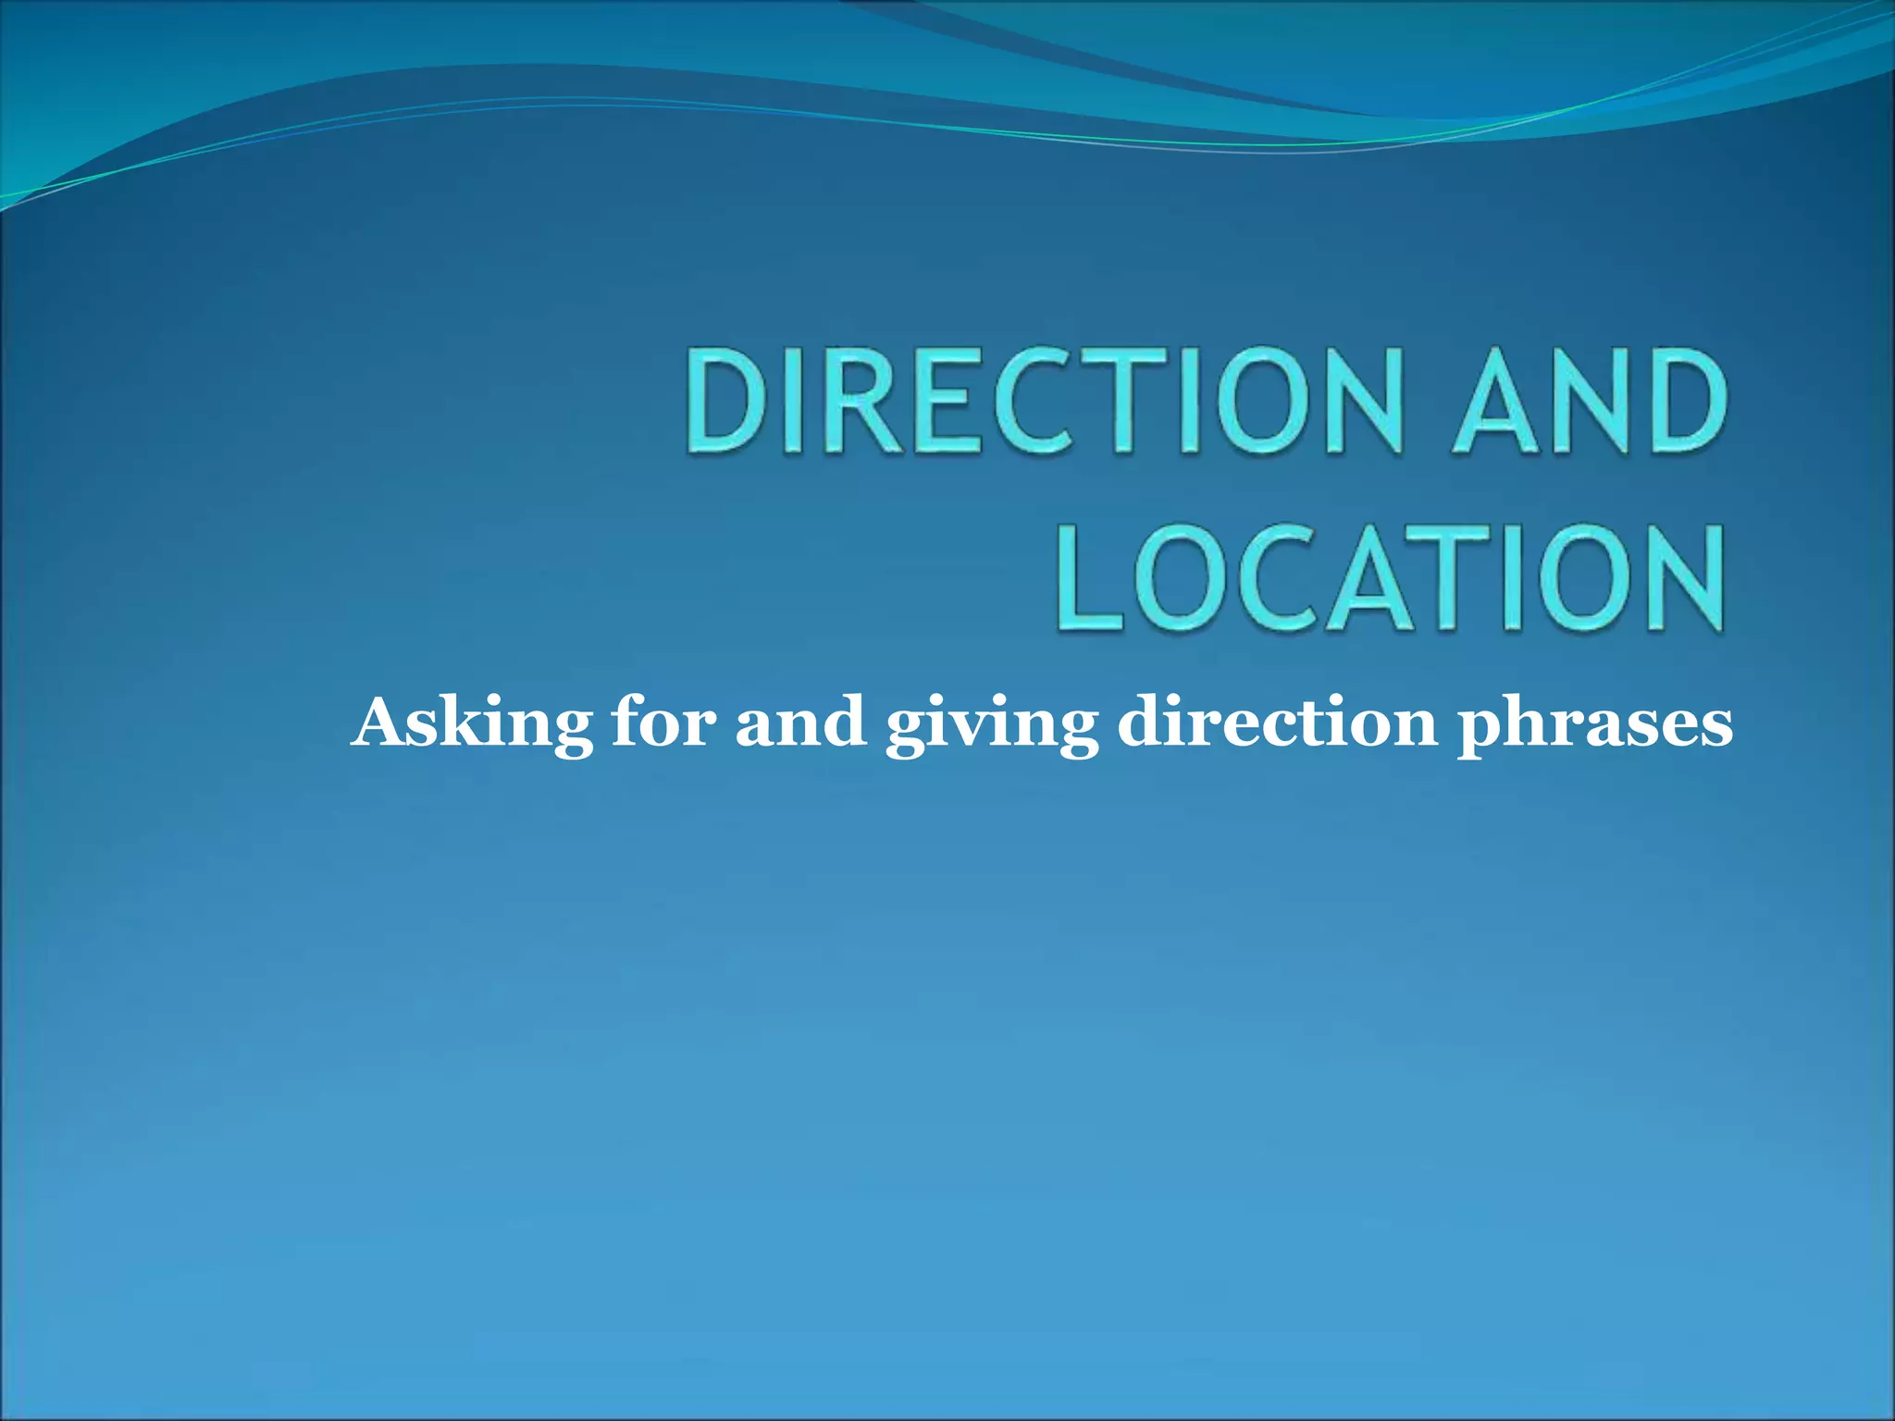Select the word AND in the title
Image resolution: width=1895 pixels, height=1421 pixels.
[1590, 401]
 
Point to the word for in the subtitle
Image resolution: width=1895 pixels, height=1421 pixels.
[663, 722]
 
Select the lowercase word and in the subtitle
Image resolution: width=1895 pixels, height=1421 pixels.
[800, 722]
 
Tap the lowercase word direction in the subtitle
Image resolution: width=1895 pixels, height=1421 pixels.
[1277, 722]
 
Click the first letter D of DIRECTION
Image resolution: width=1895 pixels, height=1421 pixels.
[727, 401]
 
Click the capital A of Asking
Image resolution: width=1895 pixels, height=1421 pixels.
[383, 722]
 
